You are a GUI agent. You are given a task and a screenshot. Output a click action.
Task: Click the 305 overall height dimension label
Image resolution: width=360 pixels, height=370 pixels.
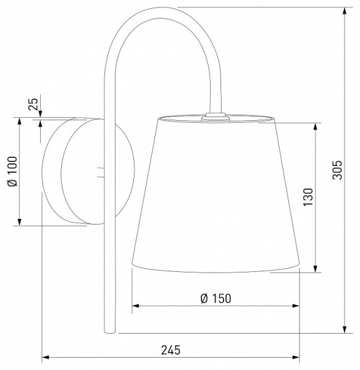click(337, 170)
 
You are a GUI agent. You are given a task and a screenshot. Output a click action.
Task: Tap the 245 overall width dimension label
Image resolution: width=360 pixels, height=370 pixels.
click(170, 350)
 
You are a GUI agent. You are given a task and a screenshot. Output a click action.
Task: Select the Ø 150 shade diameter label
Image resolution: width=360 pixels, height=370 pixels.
click(216, 298)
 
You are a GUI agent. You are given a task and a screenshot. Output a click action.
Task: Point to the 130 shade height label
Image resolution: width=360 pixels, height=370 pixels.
click(308, 197)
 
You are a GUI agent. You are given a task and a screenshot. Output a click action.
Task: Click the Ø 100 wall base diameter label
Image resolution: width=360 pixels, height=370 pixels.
click(12, 171)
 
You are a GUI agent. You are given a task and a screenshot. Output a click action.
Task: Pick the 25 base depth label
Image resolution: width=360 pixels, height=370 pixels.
click(33, 104)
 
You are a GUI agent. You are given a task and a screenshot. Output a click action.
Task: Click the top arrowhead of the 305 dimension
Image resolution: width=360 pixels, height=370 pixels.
click(345, 11)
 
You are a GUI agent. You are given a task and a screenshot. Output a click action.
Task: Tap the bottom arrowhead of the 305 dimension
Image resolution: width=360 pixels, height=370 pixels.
click(345, 329)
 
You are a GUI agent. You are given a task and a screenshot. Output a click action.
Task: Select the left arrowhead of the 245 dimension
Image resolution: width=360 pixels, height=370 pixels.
click(45, 357)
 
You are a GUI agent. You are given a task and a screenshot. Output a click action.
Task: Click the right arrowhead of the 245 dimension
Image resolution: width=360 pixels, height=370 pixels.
click(296, 357)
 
